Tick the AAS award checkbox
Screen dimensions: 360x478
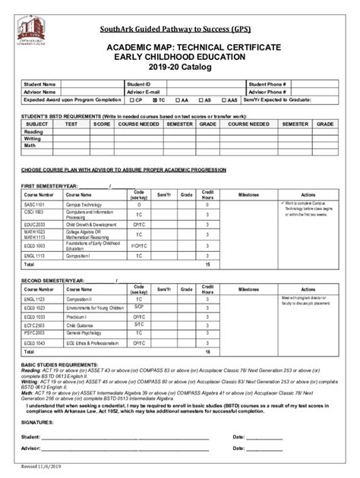tap(225, 99)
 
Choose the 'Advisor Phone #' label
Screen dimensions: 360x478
tap(265, 92)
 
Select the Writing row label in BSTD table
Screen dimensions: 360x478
tap(33, 139)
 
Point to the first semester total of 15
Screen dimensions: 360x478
tap(207, 266)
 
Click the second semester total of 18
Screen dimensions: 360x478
tap(207, 352)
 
